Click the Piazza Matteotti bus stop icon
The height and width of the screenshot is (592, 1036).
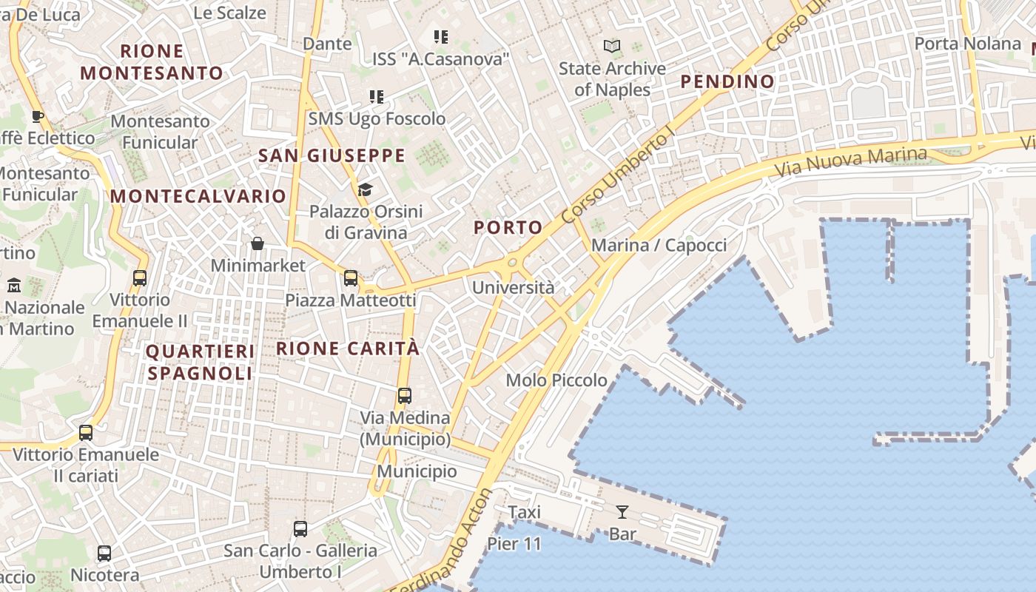[351, 278]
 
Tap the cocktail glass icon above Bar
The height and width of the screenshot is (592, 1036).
[622, 511]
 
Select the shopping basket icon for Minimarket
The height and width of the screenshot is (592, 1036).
[258, 243]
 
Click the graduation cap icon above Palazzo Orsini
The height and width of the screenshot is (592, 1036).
[365, 189]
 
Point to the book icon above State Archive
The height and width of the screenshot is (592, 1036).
[612, 47]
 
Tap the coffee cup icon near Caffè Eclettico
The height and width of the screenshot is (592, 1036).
[38, 116]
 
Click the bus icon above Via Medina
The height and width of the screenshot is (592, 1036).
[404, 395]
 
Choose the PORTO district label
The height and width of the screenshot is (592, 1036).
[508, 227]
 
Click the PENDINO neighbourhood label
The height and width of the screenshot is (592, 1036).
[727, 81]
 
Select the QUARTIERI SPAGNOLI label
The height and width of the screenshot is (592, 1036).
[200, 362]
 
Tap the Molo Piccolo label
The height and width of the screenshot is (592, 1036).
[556, 380]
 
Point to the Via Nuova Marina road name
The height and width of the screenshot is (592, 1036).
[851, 160]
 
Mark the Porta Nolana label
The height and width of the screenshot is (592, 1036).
[967, 44]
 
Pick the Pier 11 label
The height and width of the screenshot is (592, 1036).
[514, 545]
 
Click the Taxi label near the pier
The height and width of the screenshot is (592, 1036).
[525, 512]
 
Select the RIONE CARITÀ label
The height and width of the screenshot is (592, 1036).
[348, 349]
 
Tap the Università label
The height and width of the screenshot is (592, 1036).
[513, 287]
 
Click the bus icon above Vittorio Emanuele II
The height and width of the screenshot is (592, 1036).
[140, 278]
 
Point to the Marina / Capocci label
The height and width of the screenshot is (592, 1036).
[659, 245]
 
